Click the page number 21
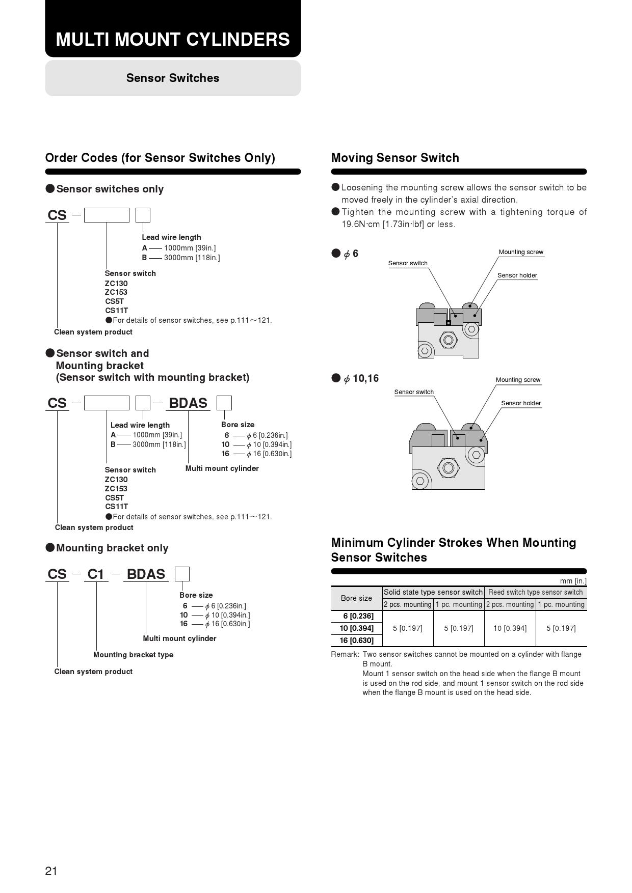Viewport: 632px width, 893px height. [51, 871]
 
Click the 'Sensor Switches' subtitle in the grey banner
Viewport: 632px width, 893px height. [173, 78]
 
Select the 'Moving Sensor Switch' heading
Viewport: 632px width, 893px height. [395, 158]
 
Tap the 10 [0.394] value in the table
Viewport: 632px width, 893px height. [510, 628]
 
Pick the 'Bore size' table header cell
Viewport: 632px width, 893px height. [356, 598]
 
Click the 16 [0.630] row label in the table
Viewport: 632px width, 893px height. [356, 640]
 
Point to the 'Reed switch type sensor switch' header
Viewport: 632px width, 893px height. [535, 592]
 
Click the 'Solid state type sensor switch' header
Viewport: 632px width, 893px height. [433, 592]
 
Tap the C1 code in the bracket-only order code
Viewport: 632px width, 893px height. [96, 574]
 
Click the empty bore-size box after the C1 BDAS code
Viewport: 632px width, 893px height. [182, 574]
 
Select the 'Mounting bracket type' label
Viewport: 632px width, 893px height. [133, 655]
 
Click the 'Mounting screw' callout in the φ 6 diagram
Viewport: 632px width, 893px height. [521, 252]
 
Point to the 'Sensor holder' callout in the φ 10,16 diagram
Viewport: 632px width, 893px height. [521, 403]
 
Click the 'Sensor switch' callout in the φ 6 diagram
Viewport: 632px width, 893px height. [408, 263]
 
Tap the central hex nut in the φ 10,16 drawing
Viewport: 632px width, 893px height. [448, 467]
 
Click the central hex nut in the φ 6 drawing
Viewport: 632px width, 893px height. [448, 340]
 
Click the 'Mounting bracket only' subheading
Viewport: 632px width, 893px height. [112, 548]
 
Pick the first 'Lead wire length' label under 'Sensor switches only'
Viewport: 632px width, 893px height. [171, 237]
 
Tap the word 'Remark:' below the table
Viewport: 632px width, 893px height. [345, 654]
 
